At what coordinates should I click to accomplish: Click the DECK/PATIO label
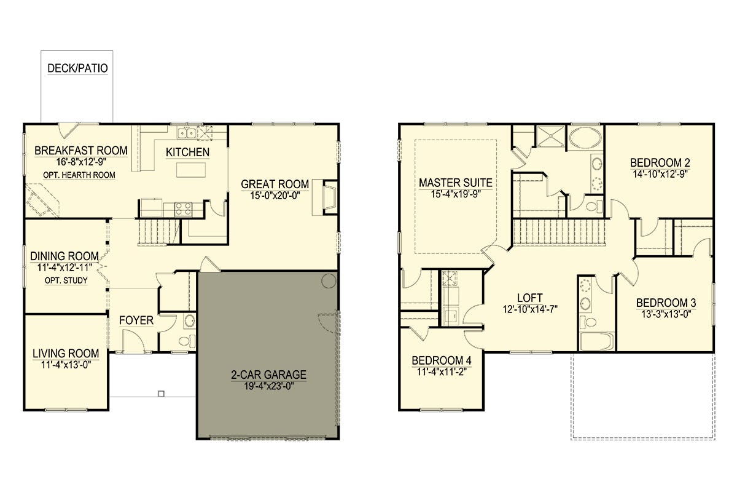pos(77,68)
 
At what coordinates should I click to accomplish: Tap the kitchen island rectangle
pos(191,170)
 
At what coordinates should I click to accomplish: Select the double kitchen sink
pos(187,133)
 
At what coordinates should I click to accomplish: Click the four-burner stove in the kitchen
pos(183,209)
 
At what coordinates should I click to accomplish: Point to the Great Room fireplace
pos(330,197)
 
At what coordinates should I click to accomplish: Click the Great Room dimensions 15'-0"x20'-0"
pos(275,196)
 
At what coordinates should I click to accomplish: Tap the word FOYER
pos(136,320)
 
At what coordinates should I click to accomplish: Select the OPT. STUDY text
pos(66,280)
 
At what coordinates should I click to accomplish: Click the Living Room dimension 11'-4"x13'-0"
pos(66,365)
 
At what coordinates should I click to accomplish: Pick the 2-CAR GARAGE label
pos(269,375)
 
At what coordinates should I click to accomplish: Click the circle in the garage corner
pos(329,281)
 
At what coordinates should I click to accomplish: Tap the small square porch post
pos(161,394)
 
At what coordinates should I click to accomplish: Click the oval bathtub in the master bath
pos(585,138)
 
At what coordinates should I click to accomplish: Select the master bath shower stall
pos(551,136)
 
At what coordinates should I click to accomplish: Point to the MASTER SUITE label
pos(456,183)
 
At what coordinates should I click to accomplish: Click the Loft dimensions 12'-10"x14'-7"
pos(530,309)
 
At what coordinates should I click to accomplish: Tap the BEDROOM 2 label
pos(660,162)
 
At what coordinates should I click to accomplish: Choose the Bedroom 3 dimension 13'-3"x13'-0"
pos(666,314)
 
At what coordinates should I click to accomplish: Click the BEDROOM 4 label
pos(442,360)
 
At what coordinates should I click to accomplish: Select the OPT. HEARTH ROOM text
pos(79,175)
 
